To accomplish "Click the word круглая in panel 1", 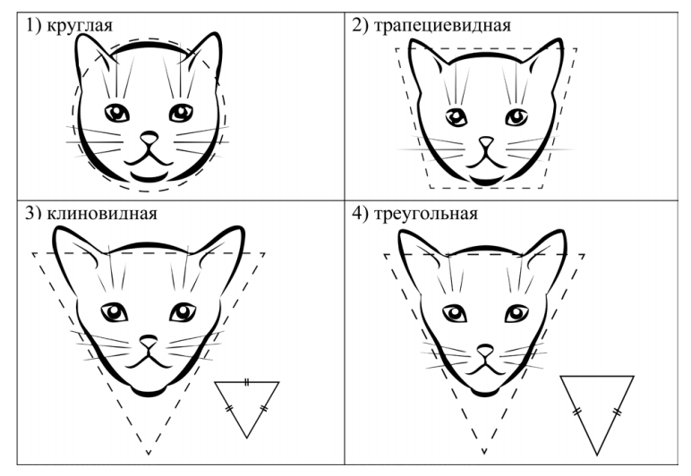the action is click(80, 26).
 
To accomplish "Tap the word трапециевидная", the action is click(442, 26).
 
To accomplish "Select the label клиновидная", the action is click(102, 214).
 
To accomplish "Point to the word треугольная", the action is click(426, 214).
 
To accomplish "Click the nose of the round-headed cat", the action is click(149, 138).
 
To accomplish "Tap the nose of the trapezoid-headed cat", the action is click(486, 141).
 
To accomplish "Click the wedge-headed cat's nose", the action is click(149, 341).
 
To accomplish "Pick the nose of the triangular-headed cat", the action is click(485, 351).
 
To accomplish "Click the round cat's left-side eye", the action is click(116, 113).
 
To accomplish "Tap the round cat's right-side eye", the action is click(181, 113).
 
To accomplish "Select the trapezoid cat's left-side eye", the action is click(456, 117).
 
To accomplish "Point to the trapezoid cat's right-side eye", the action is click(516, 117).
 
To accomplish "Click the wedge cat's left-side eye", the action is click(115, 312).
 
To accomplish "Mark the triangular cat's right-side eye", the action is click(516, 313).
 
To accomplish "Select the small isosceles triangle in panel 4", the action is click(597, 415).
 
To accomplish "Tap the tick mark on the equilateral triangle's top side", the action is click(247, 382).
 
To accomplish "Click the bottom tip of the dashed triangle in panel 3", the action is click(149, 454).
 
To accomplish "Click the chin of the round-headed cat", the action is click(149, 177).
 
